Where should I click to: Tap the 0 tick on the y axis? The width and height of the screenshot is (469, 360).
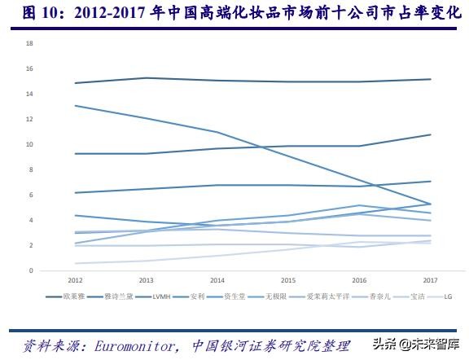(30, 270)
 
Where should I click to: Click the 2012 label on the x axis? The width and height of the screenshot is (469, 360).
(75, 280)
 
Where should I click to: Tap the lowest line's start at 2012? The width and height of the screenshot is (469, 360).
(75, 263)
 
